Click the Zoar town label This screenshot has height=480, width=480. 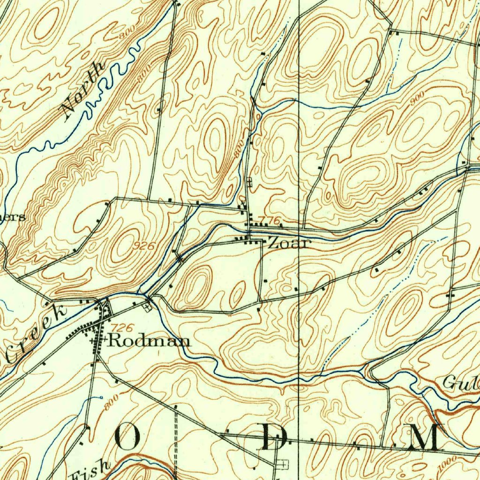289,243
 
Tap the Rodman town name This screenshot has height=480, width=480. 149,341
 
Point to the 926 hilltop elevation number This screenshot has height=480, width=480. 146,246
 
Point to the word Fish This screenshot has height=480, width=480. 90,471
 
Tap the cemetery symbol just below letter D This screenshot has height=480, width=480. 282,464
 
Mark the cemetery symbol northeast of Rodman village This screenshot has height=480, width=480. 149,308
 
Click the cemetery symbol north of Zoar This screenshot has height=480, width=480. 249,182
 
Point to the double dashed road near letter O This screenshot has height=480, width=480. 175,441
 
